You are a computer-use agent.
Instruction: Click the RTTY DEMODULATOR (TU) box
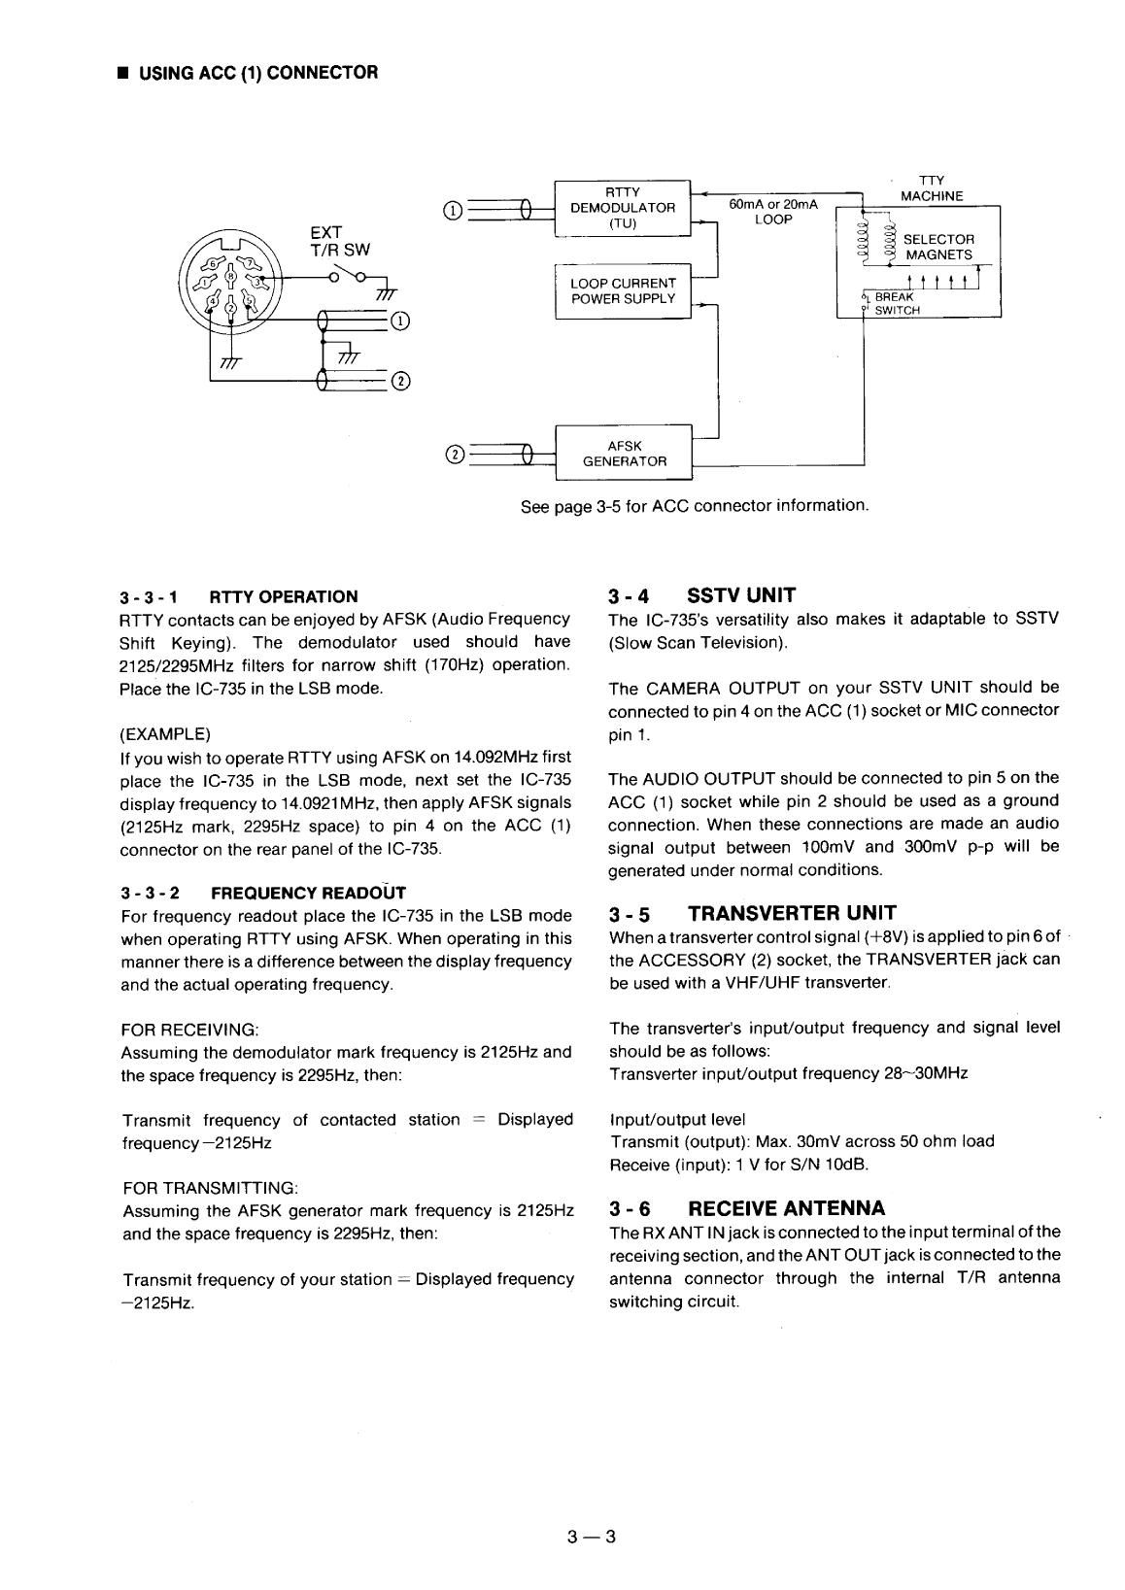tap(622, 207)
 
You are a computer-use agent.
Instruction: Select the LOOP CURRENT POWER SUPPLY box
tap(623, 290)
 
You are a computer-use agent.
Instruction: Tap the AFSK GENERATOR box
tap(624, 453)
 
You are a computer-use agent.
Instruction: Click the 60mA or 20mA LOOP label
tap(773, 212)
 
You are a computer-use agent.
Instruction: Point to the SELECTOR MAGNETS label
tap(938, 247)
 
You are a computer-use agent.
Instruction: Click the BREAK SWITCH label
tap(895, 304)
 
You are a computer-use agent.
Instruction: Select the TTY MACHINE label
tap(931, 187)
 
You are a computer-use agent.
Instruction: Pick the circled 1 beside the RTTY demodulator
tap(451, 209)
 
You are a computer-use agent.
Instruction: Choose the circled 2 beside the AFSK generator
tap(451, 454)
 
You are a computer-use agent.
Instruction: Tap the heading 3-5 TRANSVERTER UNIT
tap(752, 913)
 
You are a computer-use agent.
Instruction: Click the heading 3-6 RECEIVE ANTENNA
tap(746, 1208)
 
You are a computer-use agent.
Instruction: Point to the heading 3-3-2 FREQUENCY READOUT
tap(262, 893)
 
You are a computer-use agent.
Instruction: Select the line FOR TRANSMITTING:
tap(210, 1188)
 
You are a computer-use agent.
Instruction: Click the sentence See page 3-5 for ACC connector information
tap(694, 506)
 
